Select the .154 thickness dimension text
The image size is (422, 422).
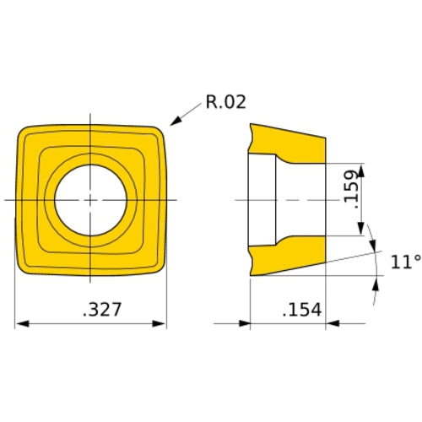click(302, 310)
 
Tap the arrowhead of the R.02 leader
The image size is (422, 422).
click(172, 124)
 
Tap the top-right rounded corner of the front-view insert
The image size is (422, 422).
click(160, 132)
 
